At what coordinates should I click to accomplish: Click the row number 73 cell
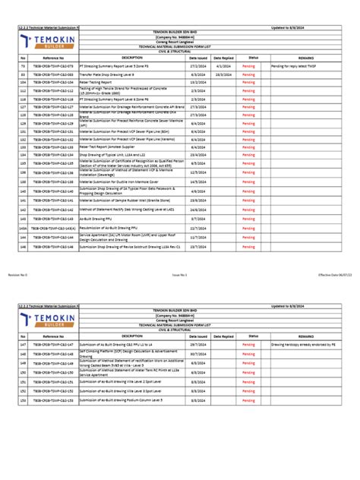(23, 66)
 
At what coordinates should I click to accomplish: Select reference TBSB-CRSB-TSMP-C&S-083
(53, 76)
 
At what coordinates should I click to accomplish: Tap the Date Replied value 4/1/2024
(223, 66)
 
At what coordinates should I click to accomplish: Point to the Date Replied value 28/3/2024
(223, 76)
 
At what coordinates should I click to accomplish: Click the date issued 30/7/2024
(197, 354)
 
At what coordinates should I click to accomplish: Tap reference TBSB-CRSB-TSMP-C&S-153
(53, 399)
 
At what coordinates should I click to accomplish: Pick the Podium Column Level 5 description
(121, 399)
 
